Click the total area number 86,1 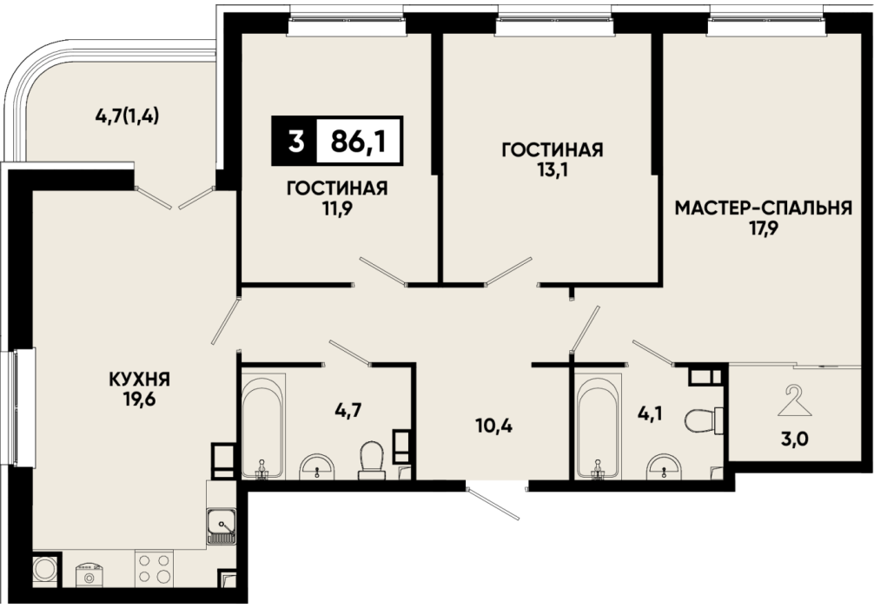[x=359, y=142]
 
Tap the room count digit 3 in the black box [x=297, y=142]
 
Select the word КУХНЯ [x=139, y=380]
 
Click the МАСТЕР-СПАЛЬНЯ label [x=764, y=208]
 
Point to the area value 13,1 [x=553, y=169]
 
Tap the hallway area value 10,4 [x=493, y=426]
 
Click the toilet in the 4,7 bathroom [x=370, y=459]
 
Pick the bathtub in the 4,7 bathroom [x=263, y=426]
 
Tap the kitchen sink [x=222, y=526]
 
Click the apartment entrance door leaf [x=493, y=504]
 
